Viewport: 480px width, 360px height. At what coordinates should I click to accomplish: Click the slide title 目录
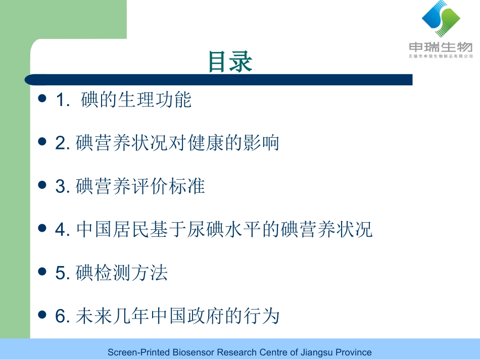coord(230,62)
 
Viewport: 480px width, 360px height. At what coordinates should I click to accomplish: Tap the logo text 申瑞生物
coord(441,47)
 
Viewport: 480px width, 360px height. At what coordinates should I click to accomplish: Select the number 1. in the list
coord(63,100)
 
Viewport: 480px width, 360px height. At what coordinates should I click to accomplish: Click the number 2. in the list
coord(63,144)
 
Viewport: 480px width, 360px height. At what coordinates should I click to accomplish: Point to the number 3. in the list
coord(63,187)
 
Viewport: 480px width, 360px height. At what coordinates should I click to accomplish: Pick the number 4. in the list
coord(63,230)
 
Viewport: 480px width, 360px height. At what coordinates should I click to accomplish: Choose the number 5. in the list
coord(63,274)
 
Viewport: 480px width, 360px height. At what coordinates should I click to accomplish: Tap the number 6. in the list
coord(63,317)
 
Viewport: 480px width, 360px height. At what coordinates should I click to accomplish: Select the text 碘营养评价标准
coord(140,187)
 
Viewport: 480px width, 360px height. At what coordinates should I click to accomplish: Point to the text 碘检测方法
coord(122,274)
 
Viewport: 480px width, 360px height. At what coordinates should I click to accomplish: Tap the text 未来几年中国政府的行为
coord(178,317)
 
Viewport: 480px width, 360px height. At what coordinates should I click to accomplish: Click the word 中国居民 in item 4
coord(113,230)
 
